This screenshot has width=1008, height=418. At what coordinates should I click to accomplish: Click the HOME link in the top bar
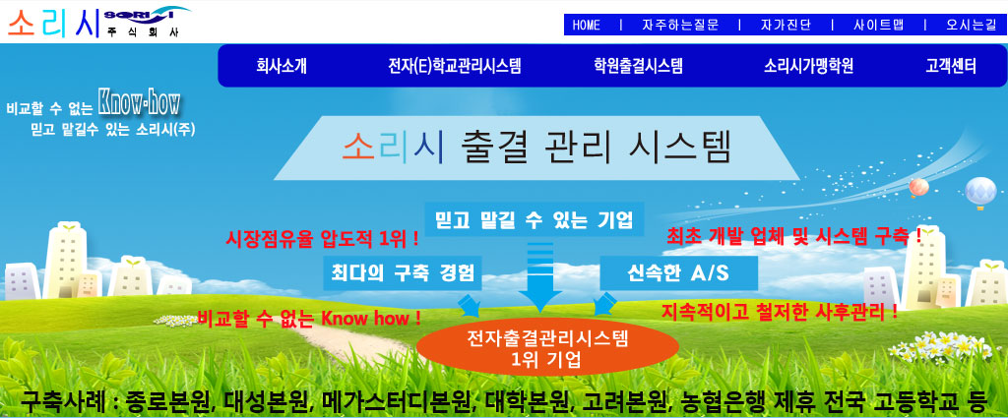coord(587,25)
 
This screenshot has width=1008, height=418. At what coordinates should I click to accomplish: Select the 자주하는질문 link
coord(680,25)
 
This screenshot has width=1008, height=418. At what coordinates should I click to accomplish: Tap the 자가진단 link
coord(786,25)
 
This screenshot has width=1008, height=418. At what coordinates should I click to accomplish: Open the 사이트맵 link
coord(879,25)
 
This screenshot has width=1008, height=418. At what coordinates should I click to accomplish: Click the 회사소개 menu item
coord(282,66)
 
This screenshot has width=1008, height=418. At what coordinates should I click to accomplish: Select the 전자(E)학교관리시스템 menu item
coord(455,66)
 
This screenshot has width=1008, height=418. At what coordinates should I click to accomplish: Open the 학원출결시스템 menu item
coord(638,66)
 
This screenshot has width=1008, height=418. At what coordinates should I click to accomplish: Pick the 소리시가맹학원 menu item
coord(809,66)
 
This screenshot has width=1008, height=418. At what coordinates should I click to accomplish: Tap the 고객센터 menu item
coord(951,66)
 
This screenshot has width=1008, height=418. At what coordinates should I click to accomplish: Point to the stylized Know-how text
coord(139,102)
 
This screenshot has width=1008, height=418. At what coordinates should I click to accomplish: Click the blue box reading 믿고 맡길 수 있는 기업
coord(535,220)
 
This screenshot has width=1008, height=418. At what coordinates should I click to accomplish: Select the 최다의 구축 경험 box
coord(403,272)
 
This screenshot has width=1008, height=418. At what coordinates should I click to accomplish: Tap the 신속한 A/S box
coord(679,272)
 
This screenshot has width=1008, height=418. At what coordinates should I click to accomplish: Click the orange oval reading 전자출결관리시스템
coord(547,348)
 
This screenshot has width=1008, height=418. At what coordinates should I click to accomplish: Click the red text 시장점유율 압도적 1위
coord(323,240)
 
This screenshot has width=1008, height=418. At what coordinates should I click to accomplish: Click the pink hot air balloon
coord(918,188)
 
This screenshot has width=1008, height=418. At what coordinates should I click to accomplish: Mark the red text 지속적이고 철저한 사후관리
coord(780,313)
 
